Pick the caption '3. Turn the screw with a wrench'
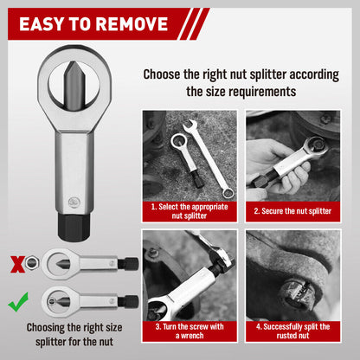point(189,331)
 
